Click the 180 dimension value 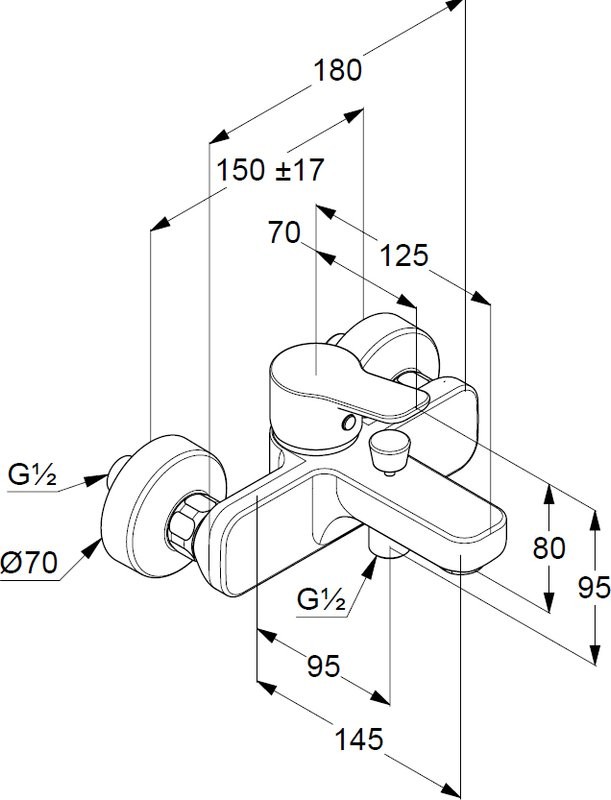coord(337,71)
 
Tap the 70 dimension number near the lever coord(284,234)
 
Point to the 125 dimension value coord(404,256)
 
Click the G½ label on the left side coord(32,475)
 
